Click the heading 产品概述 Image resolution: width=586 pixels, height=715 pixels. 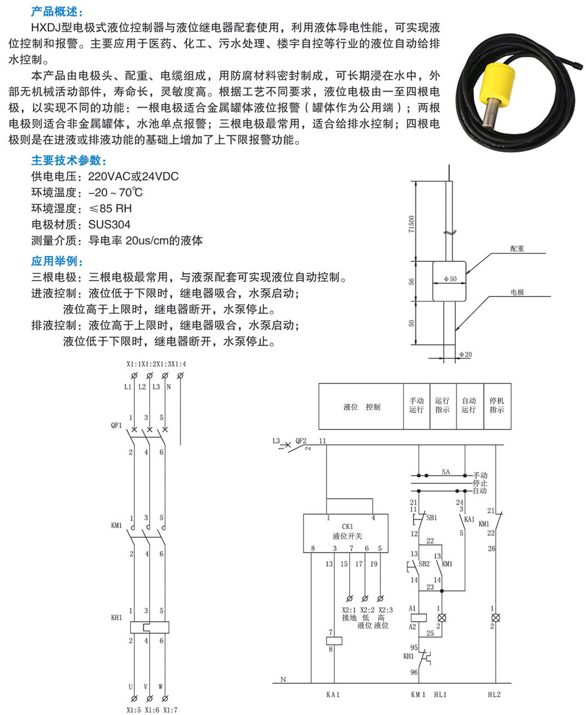pos(57,12)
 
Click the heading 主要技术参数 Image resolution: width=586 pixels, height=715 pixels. pos(68,161)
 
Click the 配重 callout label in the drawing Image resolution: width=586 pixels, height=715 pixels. pos(517,249)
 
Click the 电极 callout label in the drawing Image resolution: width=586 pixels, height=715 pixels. pos(517,292)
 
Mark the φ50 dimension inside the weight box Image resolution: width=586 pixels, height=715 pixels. pos(449,279)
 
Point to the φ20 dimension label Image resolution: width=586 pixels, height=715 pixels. pos(466,354)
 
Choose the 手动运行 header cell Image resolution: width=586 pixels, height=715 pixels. pos(416,406)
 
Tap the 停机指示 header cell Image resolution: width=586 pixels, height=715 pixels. pos(496,406)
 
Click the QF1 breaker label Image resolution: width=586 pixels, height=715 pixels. pos(116,426)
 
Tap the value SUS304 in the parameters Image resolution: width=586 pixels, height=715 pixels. pos(110,225)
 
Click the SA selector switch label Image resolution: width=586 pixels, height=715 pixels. pos(446,470)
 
